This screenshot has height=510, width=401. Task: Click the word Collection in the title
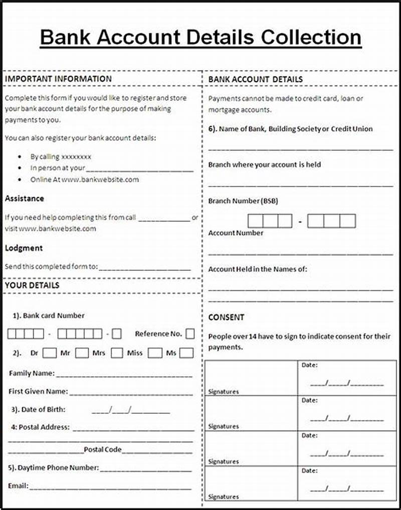(312, 38)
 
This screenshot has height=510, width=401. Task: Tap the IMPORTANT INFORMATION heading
(58, 79)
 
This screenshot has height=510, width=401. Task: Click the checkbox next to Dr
(49, 353)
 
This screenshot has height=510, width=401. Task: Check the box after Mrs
(117, 353)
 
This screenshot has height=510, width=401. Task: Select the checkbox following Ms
(186, 353)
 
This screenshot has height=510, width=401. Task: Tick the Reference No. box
(190, 334)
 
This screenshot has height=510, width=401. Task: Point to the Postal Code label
(103, 449)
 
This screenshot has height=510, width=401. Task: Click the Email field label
(18, 485)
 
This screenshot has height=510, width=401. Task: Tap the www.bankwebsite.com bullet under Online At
(84, 179)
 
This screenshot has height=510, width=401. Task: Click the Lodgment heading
(24, 248)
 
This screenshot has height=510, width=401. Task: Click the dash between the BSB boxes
(300, 221)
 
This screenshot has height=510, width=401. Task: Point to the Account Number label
(236, 233)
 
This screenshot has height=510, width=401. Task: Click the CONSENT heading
(226, 317)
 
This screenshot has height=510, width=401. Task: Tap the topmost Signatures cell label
(224, 392)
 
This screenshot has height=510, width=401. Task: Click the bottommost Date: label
(309, 471)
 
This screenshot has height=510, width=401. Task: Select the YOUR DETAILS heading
(32, 285)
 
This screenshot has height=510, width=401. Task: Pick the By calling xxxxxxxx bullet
(61, 156)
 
